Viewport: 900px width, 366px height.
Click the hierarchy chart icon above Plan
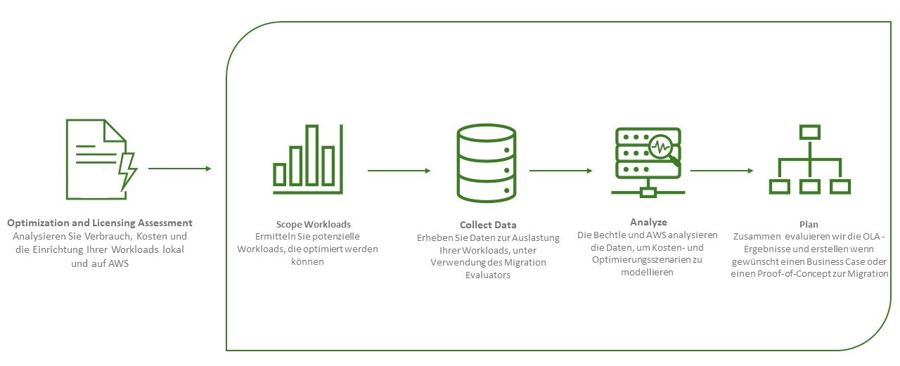pyautogui.click(x=810, y=160)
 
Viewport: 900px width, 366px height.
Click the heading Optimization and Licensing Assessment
pyautogui.click(x=100, y=223)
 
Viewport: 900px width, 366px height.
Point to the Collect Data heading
pyautogui.click(x=488, y=226)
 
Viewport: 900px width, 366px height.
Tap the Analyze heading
pyautogui.click(x=648, y=222)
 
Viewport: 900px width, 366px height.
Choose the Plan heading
pyautogui.click(x=809, y=224)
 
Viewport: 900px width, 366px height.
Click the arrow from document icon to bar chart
pyautogui.click(x=179, y=169)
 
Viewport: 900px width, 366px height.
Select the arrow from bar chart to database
pyautogui.click(x=399, y=171)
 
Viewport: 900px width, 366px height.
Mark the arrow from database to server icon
pyautogui.click(x=560, y=170)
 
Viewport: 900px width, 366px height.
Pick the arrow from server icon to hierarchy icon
pyautogui.click(x=721, y=170)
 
